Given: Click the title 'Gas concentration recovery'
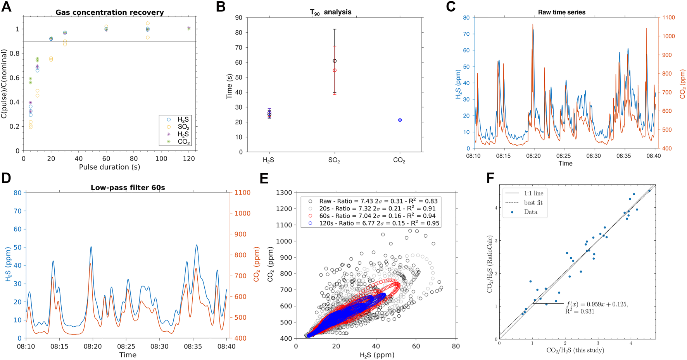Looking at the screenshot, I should point(109,12).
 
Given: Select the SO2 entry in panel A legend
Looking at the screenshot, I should point(183,127).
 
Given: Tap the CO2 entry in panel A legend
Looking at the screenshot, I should point(183,142).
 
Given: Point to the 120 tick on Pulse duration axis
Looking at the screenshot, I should point(189,158).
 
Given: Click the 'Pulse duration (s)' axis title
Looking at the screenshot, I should point(109,167).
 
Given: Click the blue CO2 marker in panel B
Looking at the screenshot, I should point(400,120).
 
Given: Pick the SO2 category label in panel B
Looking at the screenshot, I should point(334,160).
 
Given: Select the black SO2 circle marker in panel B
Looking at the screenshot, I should point(335,61).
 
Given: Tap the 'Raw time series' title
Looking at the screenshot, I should point(561,12).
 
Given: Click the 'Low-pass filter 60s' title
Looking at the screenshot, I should point(128,188).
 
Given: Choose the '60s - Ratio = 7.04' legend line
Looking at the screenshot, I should point(377,216).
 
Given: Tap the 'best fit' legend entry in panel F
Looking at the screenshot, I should point(533,203).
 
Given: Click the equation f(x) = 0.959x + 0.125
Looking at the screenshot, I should point(597,304).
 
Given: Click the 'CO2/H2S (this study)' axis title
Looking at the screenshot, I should point(575,351).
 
